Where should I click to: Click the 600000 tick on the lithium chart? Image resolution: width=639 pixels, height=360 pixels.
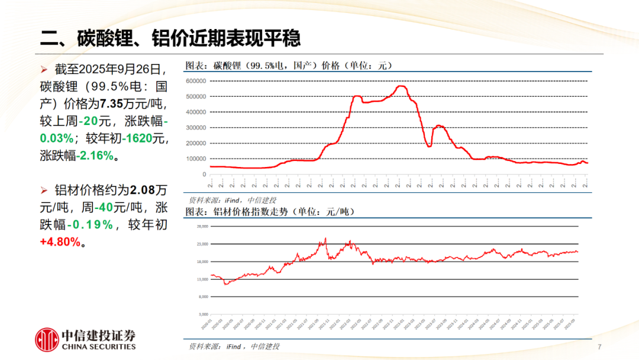point(195,81)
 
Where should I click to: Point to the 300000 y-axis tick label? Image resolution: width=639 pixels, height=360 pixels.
point(195,127)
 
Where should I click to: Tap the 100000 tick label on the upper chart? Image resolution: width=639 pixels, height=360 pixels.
point(195,159)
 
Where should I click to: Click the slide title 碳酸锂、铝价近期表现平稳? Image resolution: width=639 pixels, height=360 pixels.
point(170,39)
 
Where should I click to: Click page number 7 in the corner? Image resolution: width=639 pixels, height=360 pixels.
point(599,346)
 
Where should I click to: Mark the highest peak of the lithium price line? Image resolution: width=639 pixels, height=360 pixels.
point(401,86)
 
